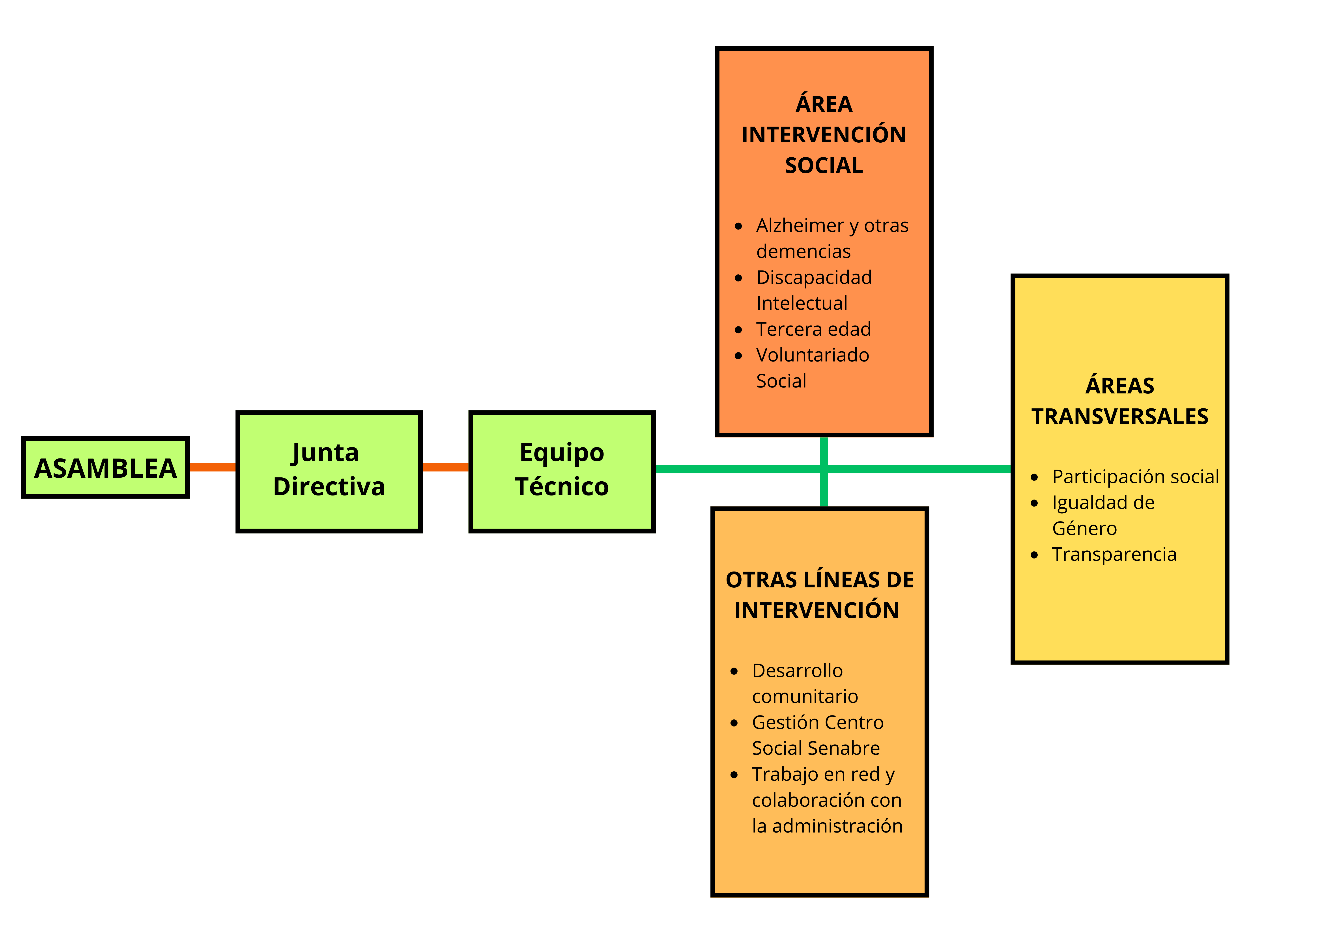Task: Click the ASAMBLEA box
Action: (x=105, y=467)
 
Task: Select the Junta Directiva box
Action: (x=329, y=471)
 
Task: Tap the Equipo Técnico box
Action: (x=562, y=471)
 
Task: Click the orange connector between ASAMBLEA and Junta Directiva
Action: (x=213, y=467)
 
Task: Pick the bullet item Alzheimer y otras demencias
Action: (x=832, y=238)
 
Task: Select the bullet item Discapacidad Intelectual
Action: (x=814, y=290)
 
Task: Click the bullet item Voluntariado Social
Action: (x=813, y=368)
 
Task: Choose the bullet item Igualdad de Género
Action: (x=1103, y=515)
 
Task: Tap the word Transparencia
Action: (x=1114, y=554)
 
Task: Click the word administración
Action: (x=837, y=825)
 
